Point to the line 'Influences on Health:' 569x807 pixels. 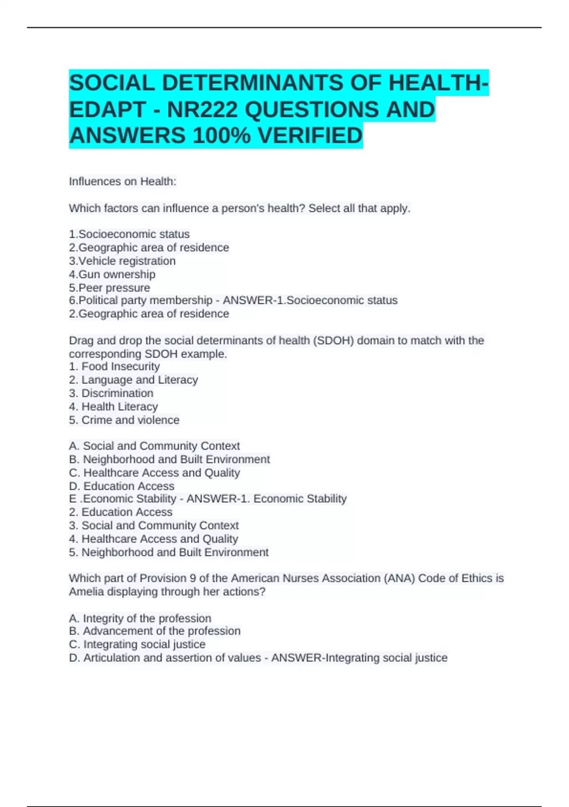tap(122, 181)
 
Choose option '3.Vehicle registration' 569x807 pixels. tap(122, 261)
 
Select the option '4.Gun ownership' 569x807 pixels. tap(112, 274)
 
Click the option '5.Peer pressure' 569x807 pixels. tap(110, 288)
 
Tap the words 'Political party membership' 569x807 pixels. tap(146, 300)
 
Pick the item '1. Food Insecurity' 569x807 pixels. tap(114, 366)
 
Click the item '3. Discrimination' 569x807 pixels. tap(111, 393)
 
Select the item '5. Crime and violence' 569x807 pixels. tap(124, 420)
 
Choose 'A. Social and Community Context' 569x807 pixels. tap(154, 446)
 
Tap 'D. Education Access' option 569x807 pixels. tap(121, 486)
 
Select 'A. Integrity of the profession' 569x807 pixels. tap(140, 618)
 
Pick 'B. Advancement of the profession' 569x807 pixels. tap(155, 631)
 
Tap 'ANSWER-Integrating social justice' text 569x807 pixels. tap(359, 657)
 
